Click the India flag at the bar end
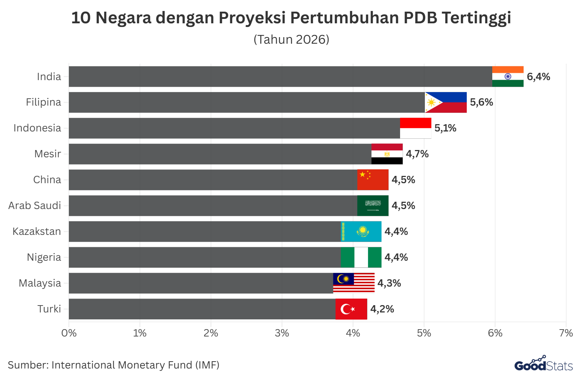[508, 76]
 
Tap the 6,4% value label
[538, 77]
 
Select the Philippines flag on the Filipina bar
[446, 102]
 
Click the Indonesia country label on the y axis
[37, 128]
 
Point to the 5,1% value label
[445, 128]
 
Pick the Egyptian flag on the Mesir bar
[387, 154]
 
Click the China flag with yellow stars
[373, 180]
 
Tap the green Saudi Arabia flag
[373, 206]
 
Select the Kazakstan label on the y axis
[37, 232]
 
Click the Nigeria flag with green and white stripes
[361, 257]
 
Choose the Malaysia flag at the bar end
[354, 283]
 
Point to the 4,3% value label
[389, 283]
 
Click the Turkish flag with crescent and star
[351, 309]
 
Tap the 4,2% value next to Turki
[382, 309]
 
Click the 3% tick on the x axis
[282, 333]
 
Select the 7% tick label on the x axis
[566, 333]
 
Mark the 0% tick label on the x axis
[69, 333]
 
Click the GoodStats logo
[543, 365]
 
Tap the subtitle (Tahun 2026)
[291, 39]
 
